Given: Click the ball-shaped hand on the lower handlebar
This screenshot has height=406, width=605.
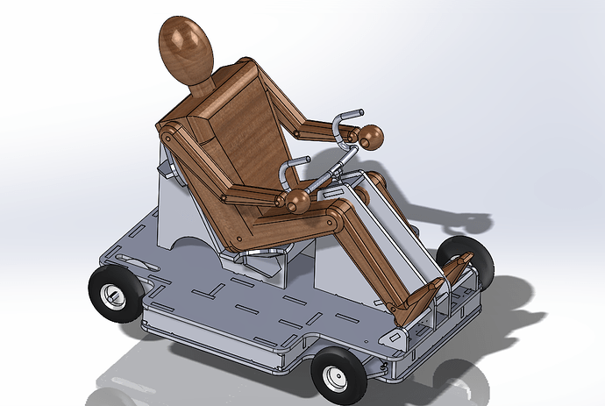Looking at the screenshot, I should click(x=298, y=203).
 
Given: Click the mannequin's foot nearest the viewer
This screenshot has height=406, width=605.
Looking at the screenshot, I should click(x=412, y=307).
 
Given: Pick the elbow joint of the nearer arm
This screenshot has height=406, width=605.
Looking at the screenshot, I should click(x=231, y=197).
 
